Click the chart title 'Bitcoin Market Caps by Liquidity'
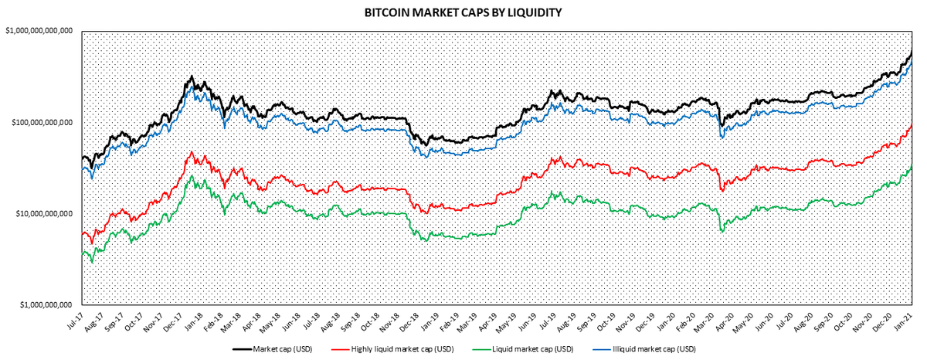click(463, 12)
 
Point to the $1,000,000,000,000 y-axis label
click(38, 31)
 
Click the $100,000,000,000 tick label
click(40, 122)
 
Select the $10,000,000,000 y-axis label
click(42, 213)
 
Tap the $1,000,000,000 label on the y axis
click(45, 304)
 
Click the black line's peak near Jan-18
click(191, 76)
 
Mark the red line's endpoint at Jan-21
click(912, 124)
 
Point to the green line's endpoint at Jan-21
click(912, 166)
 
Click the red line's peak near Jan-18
click(191, 151)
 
